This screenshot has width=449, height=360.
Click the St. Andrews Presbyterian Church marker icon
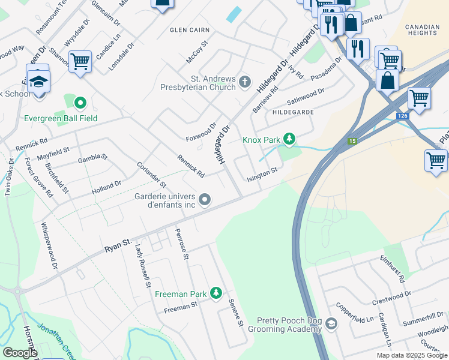pos(244,81)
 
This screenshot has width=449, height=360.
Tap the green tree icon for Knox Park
pos(290,140)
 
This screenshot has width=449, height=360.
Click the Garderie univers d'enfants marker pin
pos(205,199)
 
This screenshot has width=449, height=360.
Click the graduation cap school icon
pos(38,81)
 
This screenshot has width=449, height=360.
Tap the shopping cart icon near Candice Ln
pos(80,61)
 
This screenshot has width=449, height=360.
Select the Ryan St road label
pos(118,244)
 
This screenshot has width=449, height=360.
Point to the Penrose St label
pos(182,244)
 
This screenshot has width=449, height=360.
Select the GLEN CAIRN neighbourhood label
pos(190,29)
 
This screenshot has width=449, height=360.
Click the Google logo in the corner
pos(20,353)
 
